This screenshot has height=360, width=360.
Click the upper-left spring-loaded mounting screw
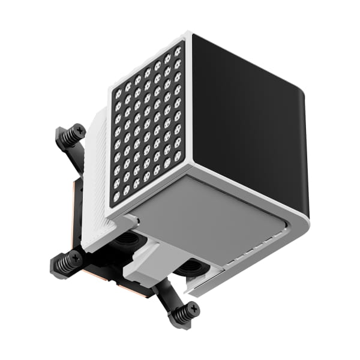pyautogui.click(x=71, y=136)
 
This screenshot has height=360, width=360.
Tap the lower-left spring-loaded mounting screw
pyautogui.click(x=67, y=261)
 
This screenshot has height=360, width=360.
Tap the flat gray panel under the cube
pyautogui.click(x=210, y=216)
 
